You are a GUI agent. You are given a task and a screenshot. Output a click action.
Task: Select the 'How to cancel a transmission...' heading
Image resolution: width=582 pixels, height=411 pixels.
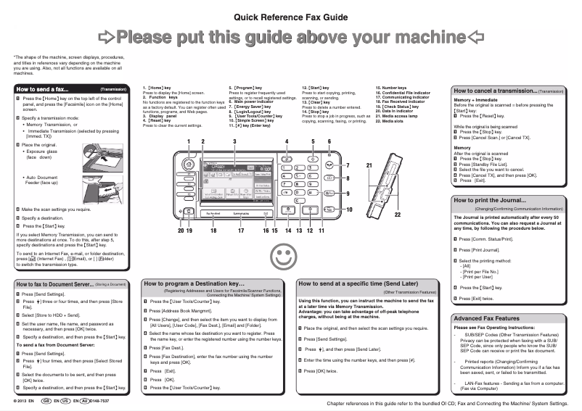tap(494, 91)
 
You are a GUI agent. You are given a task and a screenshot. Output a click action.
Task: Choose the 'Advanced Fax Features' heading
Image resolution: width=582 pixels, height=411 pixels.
tap(486, 318)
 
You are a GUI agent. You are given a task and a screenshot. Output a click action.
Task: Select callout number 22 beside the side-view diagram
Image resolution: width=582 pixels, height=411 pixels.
tap(397, 215)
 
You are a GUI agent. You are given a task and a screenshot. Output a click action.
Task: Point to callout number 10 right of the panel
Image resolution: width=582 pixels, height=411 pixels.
tap(349, 209)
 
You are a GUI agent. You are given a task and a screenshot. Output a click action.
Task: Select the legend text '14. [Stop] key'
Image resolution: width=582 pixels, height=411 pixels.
tap(317, 112)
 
